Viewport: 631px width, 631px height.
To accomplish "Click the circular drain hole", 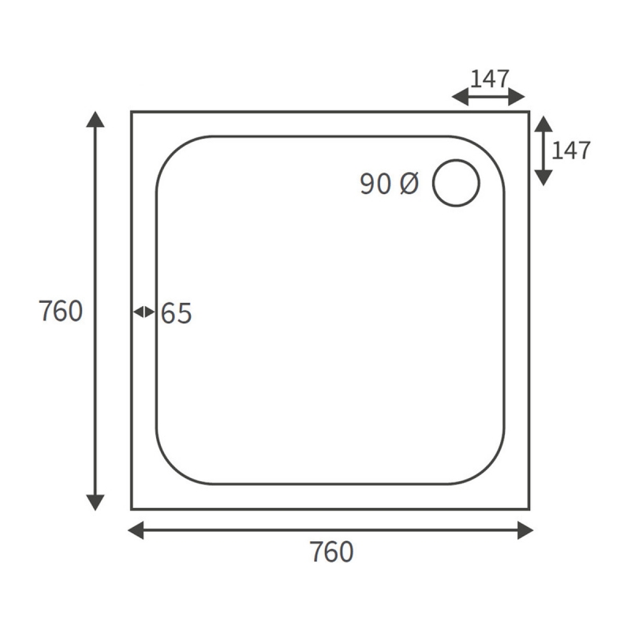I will (x=456, y=182).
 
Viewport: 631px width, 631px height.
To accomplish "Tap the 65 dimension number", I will (x=177, y=314).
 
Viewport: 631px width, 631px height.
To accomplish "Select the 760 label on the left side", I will (x=61, y=312).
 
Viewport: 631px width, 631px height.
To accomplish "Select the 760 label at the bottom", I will (x=331, y=552).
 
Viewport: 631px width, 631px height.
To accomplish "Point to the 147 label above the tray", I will (x=490, y=79).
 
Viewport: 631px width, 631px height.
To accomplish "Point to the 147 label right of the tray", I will (x=570, y=150).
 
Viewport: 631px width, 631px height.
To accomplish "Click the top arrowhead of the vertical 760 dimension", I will (x=95, y=120).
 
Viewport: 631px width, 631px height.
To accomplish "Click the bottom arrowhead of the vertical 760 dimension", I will (x=95, y=502).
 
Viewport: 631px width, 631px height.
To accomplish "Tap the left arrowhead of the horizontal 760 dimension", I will (x=136, y=530).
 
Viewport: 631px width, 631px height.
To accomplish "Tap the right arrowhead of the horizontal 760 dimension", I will (x=525, y=530).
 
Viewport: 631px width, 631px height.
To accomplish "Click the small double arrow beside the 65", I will (x=144, y=312).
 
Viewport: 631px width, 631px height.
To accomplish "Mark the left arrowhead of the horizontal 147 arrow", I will (x=460, y=97).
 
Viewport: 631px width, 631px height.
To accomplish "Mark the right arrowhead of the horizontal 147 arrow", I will (x=517, y=97).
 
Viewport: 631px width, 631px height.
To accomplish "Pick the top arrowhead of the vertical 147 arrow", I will (x=543, y=125).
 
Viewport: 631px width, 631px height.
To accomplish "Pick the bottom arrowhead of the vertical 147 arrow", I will (x=543, y=177).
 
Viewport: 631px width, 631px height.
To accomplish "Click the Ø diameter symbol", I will (x=409, y=184).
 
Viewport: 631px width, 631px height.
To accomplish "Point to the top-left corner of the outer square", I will (x=132, y=112).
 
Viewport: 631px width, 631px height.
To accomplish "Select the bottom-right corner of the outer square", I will (x=528, y=509).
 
